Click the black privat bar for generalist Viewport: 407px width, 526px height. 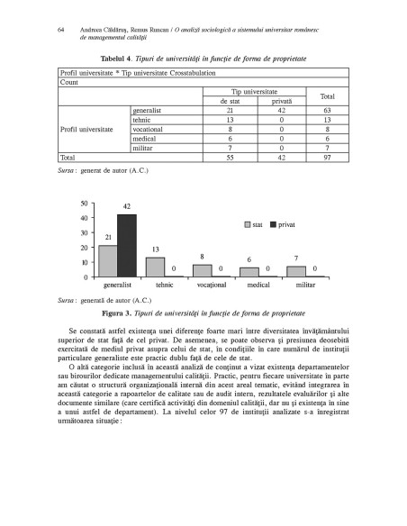click(127, 244)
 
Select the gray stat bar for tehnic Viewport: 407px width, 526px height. click(155, 266)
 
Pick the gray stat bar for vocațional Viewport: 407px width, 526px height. click(202, 269)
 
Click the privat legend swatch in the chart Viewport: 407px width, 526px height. click(272, 221)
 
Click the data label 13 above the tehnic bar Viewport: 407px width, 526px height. click(155, 249)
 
